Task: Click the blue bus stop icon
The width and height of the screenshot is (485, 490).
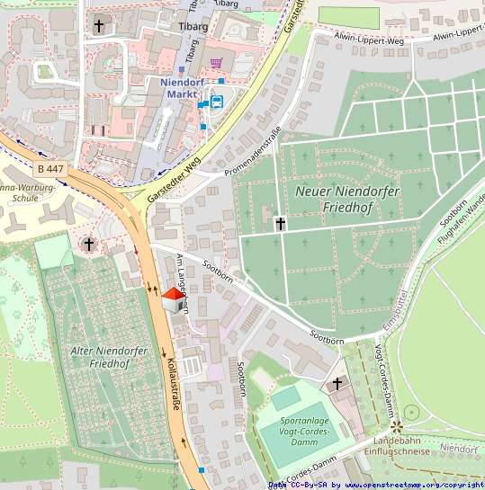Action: pos(217,101)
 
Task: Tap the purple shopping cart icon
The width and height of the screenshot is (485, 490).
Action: pos(216,63)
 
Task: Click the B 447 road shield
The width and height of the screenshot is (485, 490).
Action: pos(51,168)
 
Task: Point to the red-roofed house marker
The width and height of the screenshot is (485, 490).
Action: pos(171,299)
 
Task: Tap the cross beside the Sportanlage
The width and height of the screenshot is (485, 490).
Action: pos(337,385)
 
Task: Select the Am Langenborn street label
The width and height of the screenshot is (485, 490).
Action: pos(183,282)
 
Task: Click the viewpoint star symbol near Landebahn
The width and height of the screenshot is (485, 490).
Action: pos(396,422)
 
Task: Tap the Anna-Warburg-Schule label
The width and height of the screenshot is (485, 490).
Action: pos(28,193)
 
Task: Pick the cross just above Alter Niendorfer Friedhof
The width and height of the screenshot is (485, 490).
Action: pos(88,244)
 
